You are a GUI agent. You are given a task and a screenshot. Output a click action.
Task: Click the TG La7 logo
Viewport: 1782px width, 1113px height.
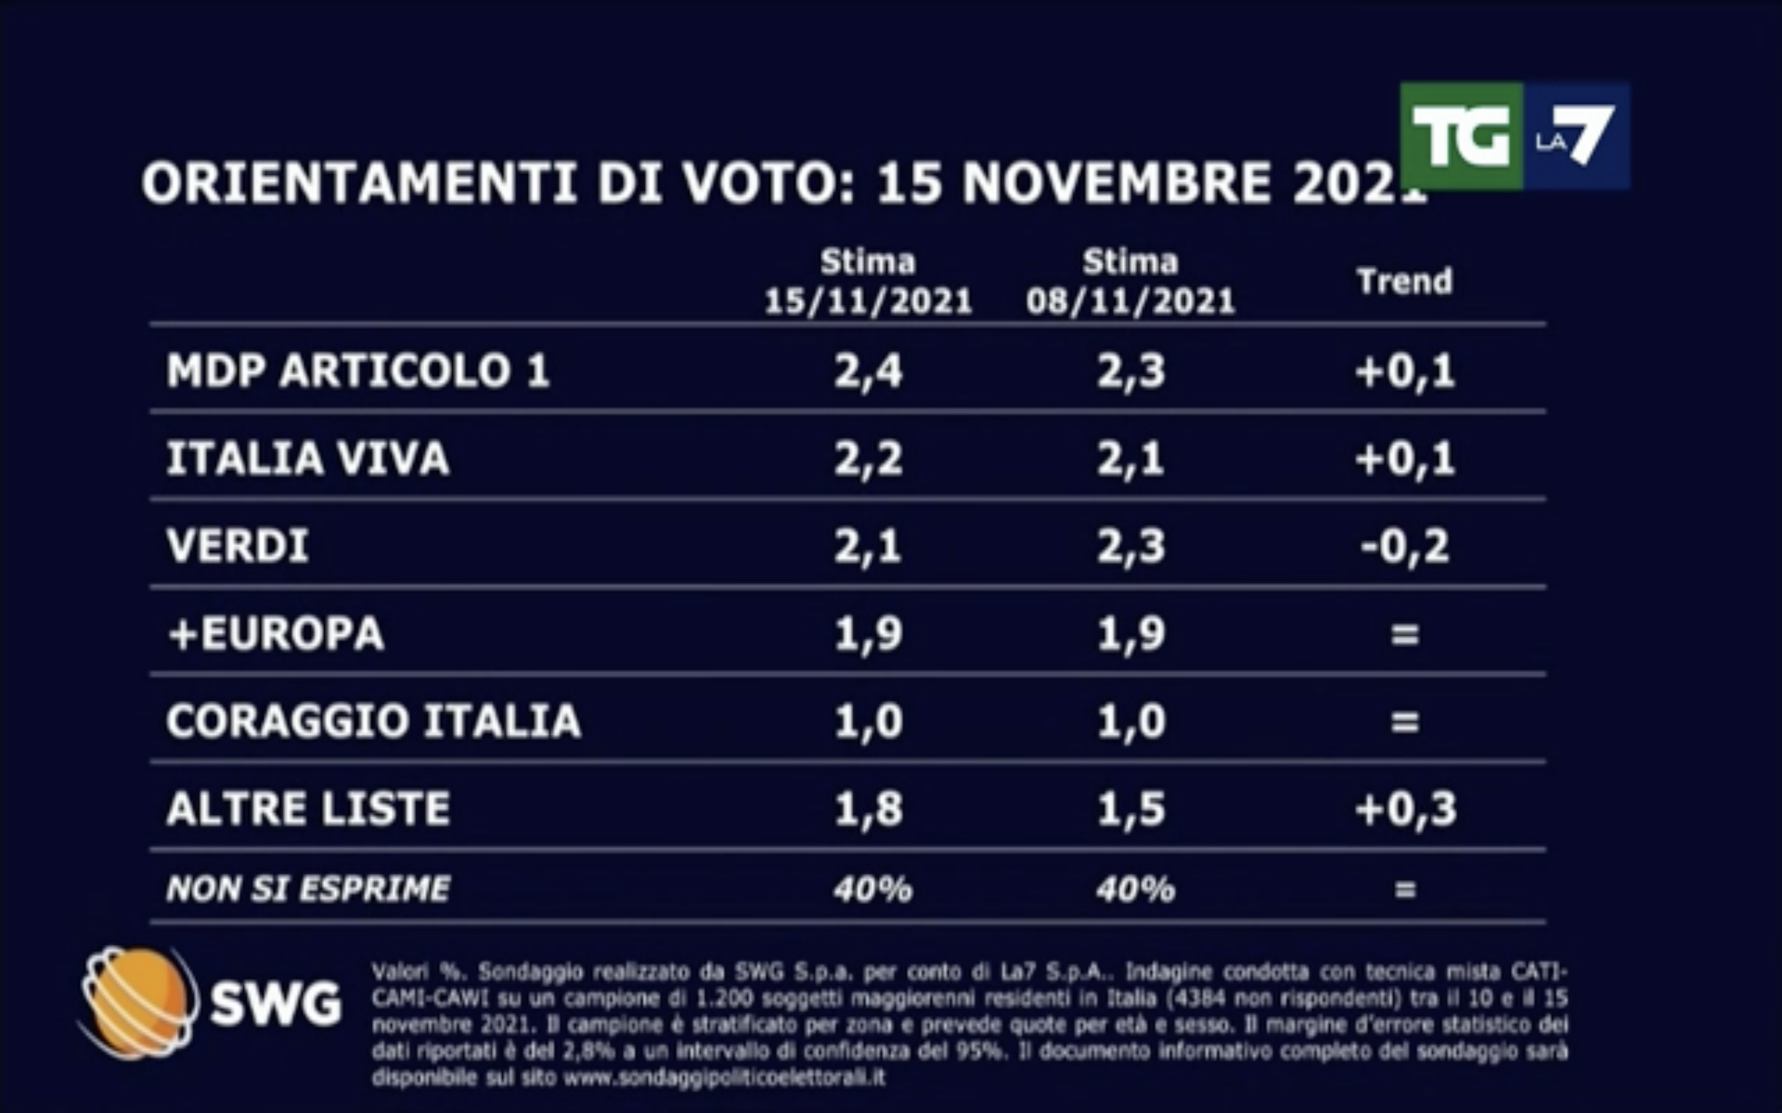click(x=1514, y=136)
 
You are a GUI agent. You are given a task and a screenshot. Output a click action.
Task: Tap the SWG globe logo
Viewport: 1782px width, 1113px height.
click(x=138, y=1002)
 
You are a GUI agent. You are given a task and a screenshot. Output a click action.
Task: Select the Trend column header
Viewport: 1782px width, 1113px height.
click(x=1404, y=282)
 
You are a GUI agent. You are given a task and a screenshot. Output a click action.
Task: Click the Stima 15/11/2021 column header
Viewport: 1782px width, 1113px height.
click(x=868, y=282)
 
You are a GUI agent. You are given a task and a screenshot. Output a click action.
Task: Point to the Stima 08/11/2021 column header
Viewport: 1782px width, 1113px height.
click(x=1130, y=282)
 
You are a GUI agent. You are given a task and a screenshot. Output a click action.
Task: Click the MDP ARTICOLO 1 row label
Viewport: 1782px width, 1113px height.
click(x=358, y=370)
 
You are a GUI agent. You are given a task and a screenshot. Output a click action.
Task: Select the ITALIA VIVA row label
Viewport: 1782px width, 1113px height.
click(x=308, y=458)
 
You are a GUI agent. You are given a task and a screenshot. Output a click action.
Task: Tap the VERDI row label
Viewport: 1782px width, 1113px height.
click(x=237, y=545)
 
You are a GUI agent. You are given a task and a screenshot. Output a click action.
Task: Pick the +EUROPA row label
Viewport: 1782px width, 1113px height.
click(x=276, y=633)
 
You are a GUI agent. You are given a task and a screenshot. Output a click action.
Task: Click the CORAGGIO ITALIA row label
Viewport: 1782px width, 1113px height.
click(x=373, y=720)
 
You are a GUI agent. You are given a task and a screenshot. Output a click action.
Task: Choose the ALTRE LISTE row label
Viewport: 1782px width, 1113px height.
click(x=308, y=808)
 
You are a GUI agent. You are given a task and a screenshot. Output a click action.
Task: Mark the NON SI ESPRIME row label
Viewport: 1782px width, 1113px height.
click(x=308, y=889)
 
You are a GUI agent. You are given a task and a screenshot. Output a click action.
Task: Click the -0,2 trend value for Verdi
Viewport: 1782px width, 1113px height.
click(x=1404, y=545)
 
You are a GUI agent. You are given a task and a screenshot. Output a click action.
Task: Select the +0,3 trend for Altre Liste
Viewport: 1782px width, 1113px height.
click(x=1404, y=808)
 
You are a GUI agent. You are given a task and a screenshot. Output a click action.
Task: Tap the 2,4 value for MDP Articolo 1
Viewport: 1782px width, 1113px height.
click(x=868, y=370)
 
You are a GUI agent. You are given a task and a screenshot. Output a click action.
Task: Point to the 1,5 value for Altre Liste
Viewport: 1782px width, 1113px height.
click(x=1131, y=808)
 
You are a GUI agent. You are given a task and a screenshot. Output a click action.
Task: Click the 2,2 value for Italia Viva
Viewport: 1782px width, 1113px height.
click(x=868, y=458)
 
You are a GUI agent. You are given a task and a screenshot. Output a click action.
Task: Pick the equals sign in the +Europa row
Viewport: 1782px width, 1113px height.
click(x=1404, y=634)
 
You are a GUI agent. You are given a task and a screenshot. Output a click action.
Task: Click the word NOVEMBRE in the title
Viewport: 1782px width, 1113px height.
click(x=1116, y=183)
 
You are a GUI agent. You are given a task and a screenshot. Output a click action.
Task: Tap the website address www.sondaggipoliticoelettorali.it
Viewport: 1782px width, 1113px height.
click(x=724, y=1078)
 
